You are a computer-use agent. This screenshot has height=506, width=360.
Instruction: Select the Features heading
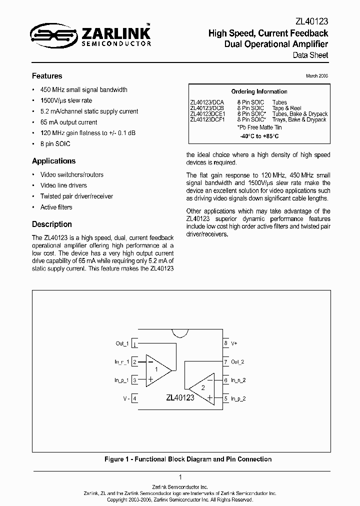(47, 76)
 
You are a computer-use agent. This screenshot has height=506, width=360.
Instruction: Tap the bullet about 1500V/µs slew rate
(66, 100)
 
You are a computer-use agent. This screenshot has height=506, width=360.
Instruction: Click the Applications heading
(53, 161)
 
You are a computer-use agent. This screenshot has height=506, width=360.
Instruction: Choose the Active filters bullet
(56, 207)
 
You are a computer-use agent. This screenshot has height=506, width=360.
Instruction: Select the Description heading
(52, 224)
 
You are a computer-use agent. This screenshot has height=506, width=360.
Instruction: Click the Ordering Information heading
(259, 91)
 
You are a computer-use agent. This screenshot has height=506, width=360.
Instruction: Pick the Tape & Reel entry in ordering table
(286, 108)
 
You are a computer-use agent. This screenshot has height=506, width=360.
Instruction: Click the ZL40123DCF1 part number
(207, 119)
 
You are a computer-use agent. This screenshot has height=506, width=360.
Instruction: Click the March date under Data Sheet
(317, 76)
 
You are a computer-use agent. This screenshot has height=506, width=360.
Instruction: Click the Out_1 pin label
(122, 343)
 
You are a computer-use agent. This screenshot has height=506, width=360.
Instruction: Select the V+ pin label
(234, 343)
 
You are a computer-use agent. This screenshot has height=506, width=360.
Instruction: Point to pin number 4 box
(134, 398)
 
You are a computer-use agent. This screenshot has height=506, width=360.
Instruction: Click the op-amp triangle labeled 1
(156, 370)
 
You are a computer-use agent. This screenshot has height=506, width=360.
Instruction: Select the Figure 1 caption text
(188, 459)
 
